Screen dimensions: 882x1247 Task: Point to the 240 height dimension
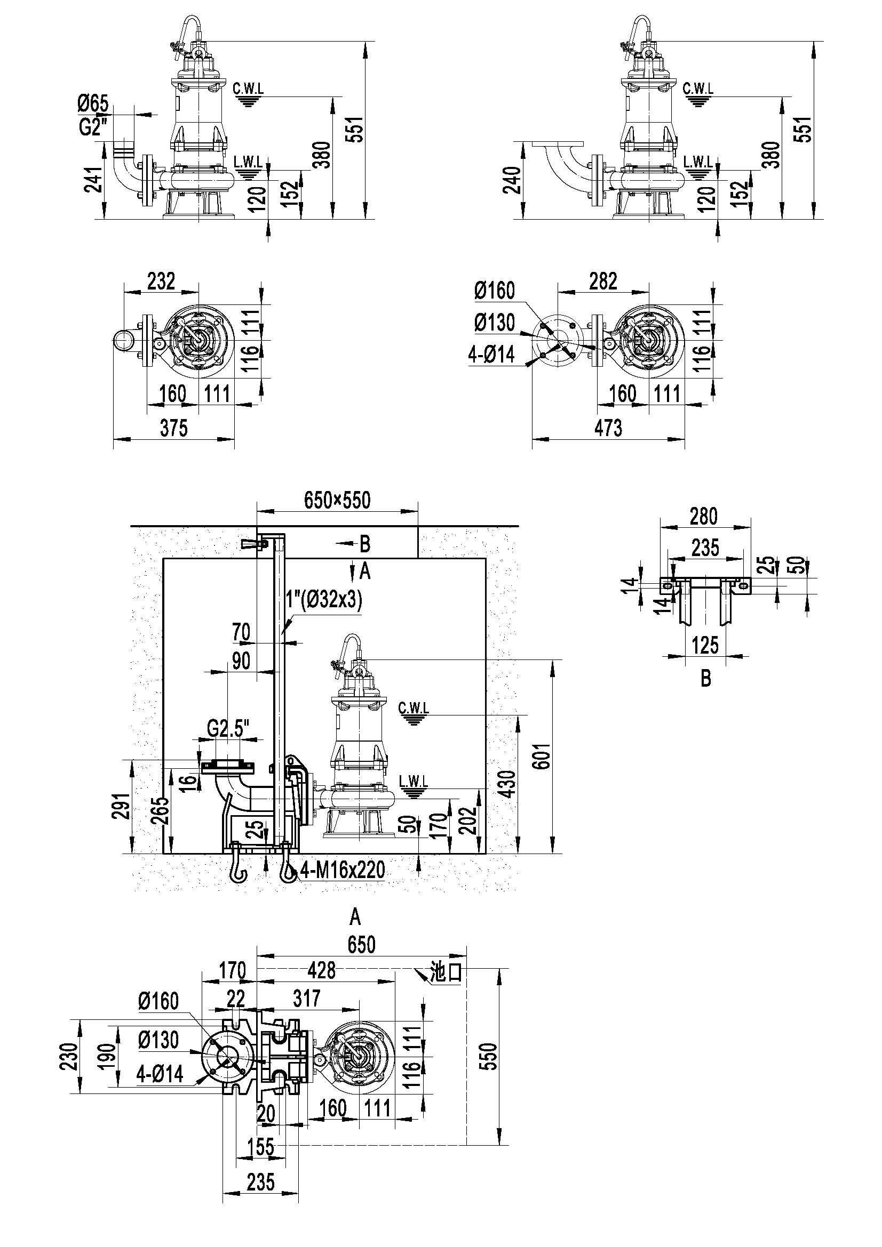coord(512,180)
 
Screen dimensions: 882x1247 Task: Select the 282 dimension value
coord(603,281)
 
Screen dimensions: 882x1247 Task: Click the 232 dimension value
coord(161,281)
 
